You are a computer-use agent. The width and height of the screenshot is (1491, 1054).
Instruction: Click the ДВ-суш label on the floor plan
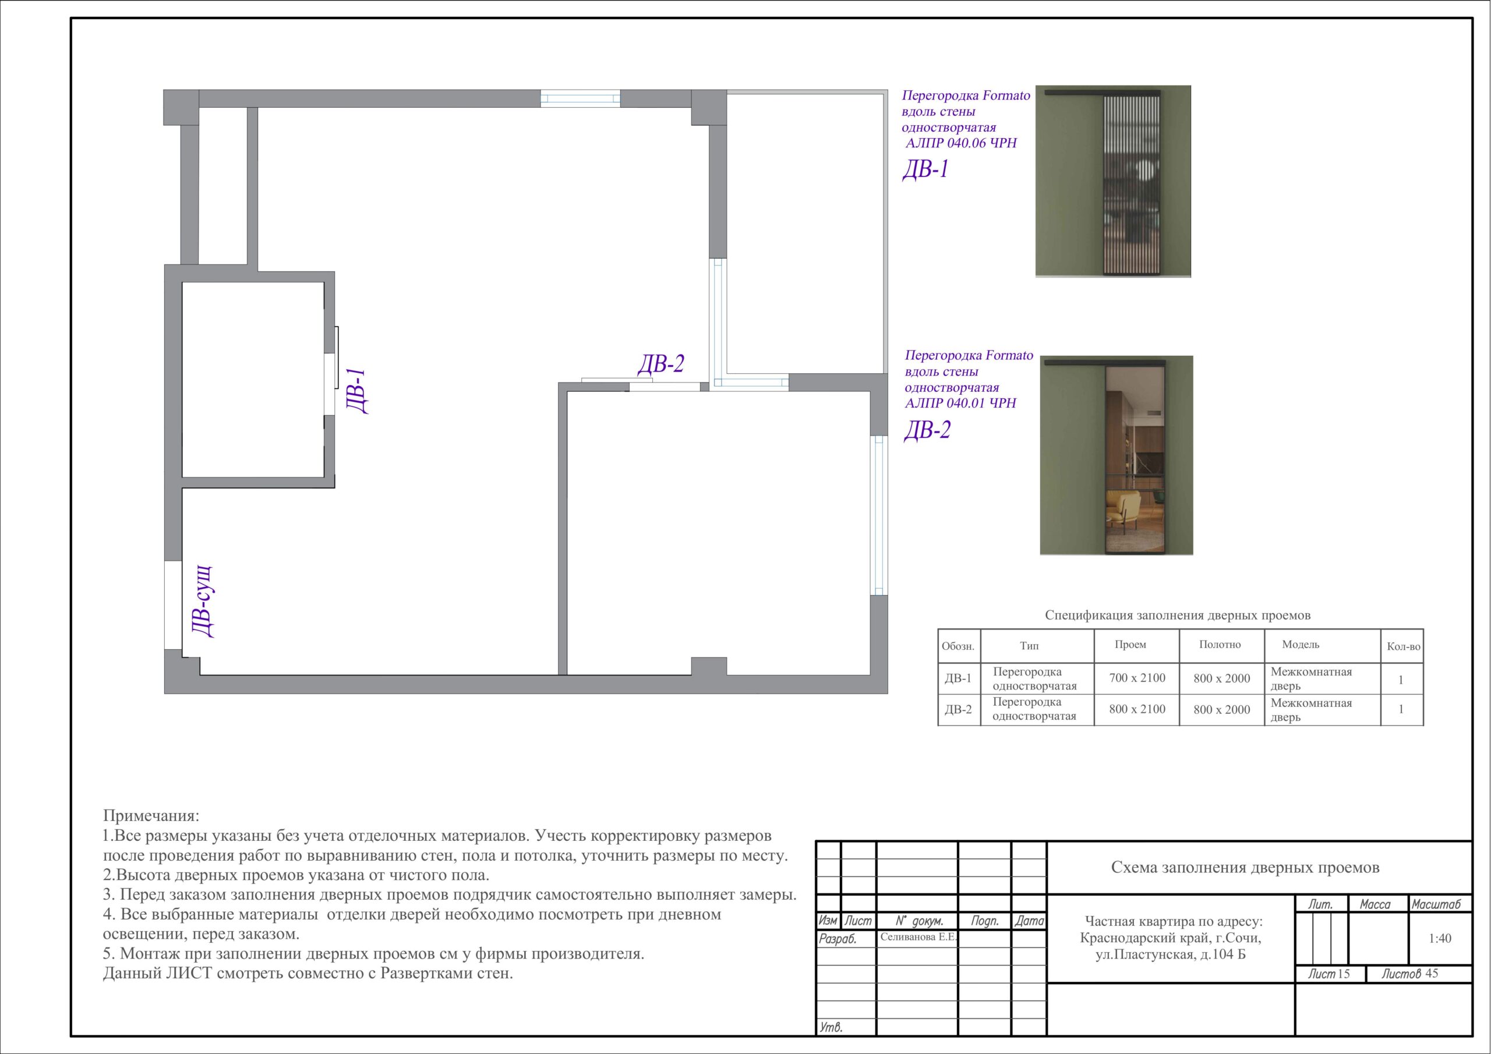click(203, 602)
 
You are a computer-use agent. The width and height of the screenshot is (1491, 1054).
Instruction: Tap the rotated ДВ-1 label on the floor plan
click(356, 391)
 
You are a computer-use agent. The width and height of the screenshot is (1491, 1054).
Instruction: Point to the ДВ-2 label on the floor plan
click(661, 365)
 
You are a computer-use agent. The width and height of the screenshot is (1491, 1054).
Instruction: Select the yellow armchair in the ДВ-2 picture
click(1123, 510)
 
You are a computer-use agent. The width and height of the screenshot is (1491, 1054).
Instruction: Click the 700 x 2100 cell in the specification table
click(1137, 678)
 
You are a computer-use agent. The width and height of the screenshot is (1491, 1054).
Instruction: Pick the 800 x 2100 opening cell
click(1137, 709)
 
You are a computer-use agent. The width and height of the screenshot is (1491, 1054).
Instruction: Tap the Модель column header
click(1300, 645)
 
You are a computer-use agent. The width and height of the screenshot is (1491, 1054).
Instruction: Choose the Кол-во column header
click(1403, 647)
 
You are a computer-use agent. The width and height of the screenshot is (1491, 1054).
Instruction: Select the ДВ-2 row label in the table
click(959, 709)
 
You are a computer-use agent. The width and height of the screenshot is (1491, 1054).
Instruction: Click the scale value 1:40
click(1440, 938)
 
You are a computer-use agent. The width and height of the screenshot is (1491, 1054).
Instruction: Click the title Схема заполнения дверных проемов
click(1245, 868)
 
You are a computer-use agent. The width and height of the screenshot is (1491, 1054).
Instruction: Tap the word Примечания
click(151, 816)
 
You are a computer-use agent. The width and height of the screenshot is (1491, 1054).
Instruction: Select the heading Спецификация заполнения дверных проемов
click(1177, 615)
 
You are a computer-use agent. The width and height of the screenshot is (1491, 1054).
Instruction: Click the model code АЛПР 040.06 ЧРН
click(961, 143)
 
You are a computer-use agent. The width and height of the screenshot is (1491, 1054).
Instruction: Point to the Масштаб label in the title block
click(1436, 904)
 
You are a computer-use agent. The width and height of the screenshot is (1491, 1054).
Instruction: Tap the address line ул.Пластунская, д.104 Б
click(1170, 954)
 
